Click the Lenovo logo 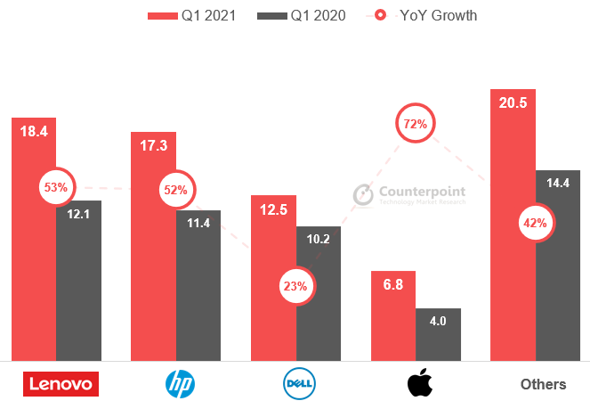pos(61,384)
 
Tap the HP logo pos(180,384)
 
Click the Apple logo pos(418,384)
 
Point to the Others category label pos(543,384)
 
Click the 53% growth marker pos(55,187)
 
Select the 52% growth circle pos(174,189)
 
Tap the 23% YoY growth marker pos(295,286)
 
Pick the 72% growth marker pos(415,125)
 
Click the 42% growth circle pos(536,223)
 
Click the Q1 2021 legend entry pos(192,15)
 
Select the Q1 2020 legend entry pos(302,15)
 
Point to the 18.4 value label pos(34,131)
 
